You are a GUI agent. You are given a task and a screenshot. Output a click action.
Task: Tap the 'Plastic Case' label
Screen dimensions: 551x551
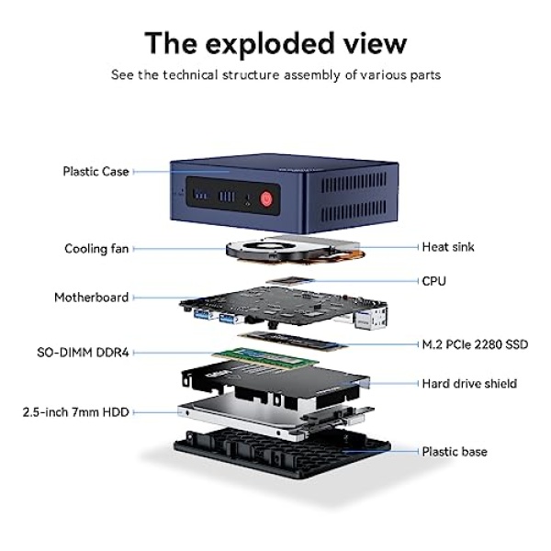[x=96, y=172]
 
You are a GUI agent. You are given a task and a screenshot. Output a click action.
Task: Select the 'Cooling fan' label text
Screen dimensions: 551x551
[x=96, y=249]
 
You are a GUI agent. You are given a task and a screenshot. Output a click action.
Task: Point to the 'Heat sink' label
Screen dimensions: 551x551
[x=448, y=247]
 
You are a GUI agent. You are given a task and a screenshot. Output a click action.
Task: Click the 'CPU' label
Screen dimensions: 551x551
[x=434, y=281]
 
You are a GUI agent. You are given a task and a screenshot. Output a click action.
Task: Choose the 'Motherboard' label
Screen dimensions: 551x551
[x=92, y=298]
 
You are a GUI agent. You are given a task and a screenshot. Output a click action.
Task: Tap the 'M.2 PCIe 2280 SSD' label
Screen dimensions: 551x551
[x=475, y=344]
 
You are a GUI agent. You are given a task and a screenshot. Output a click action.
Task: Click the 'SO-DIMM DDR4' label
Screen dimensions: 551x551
[x=83, y=353]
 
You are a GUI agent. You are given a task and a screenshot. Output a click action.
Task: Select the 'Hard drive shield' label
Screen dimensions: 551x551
[x=469, y=383]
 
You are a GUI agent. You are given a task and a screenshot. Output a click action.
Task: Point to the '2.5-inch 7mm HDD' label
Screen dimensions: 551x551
[x=76, y=411]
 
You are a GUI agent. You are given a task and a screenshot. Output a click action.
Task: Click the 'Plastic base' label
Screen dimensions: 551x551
[x=455, y=452]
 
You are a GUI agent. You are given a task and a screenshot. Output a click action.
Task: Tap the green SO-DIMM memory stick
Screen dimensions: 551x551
[x=265, y=358]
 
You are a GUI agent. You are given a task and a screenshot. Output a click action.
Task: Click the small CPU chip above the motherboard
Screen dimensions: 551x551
[x=290, y=280]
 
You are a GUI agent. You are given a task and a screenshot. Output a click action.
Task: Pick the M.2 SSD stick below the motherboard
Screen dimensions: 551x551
[x=293, y=340]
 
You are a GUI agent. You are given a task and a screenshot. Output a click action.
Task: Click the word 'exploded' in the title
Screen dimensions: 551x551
[x=269, y=43]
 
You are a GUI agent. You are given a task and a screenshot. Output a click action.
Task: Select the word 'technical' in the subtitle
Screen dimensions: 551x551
[x=190, y=75]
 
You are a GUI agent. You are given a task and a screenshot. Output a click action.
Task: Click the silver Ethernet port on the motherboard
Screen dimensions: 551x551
[x=371, y=318]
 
